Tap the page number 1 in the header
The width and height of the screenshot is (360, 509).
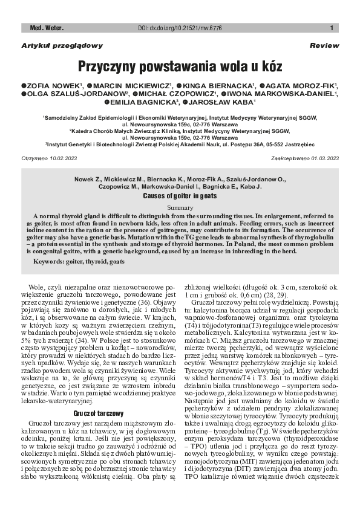tap(332, 28)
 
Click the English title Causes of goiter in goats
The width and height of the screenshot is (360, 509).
tap(180, 196)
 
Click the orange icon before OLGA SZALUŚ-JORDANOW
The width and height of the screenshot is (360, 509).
tap(24, 94)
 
